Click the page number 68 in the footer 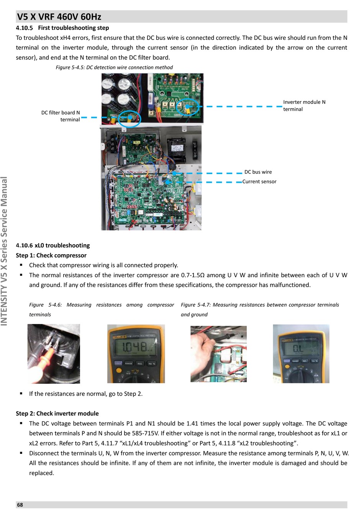point(20,505)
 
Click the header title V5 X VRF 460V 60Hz point(59,17)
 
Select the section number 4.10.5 point(24,28)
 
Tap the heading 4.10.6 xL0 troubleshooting point(53,245)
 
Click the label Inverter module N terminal point(304,105)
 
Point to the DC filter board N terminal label point(61,116)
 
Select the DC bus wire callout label point(258,172)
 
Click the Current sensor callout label point(259,182)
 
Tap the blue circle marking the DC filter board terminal point(130,119)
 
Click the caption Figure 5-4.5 point(114,67)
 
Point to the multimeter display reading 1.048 point(134,347)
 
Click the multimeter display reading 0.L point(298,348)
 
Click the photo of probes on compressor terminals point(54,354)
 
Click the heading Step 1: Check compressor point(51,255)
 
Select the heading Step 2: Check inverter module point(57,414)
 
